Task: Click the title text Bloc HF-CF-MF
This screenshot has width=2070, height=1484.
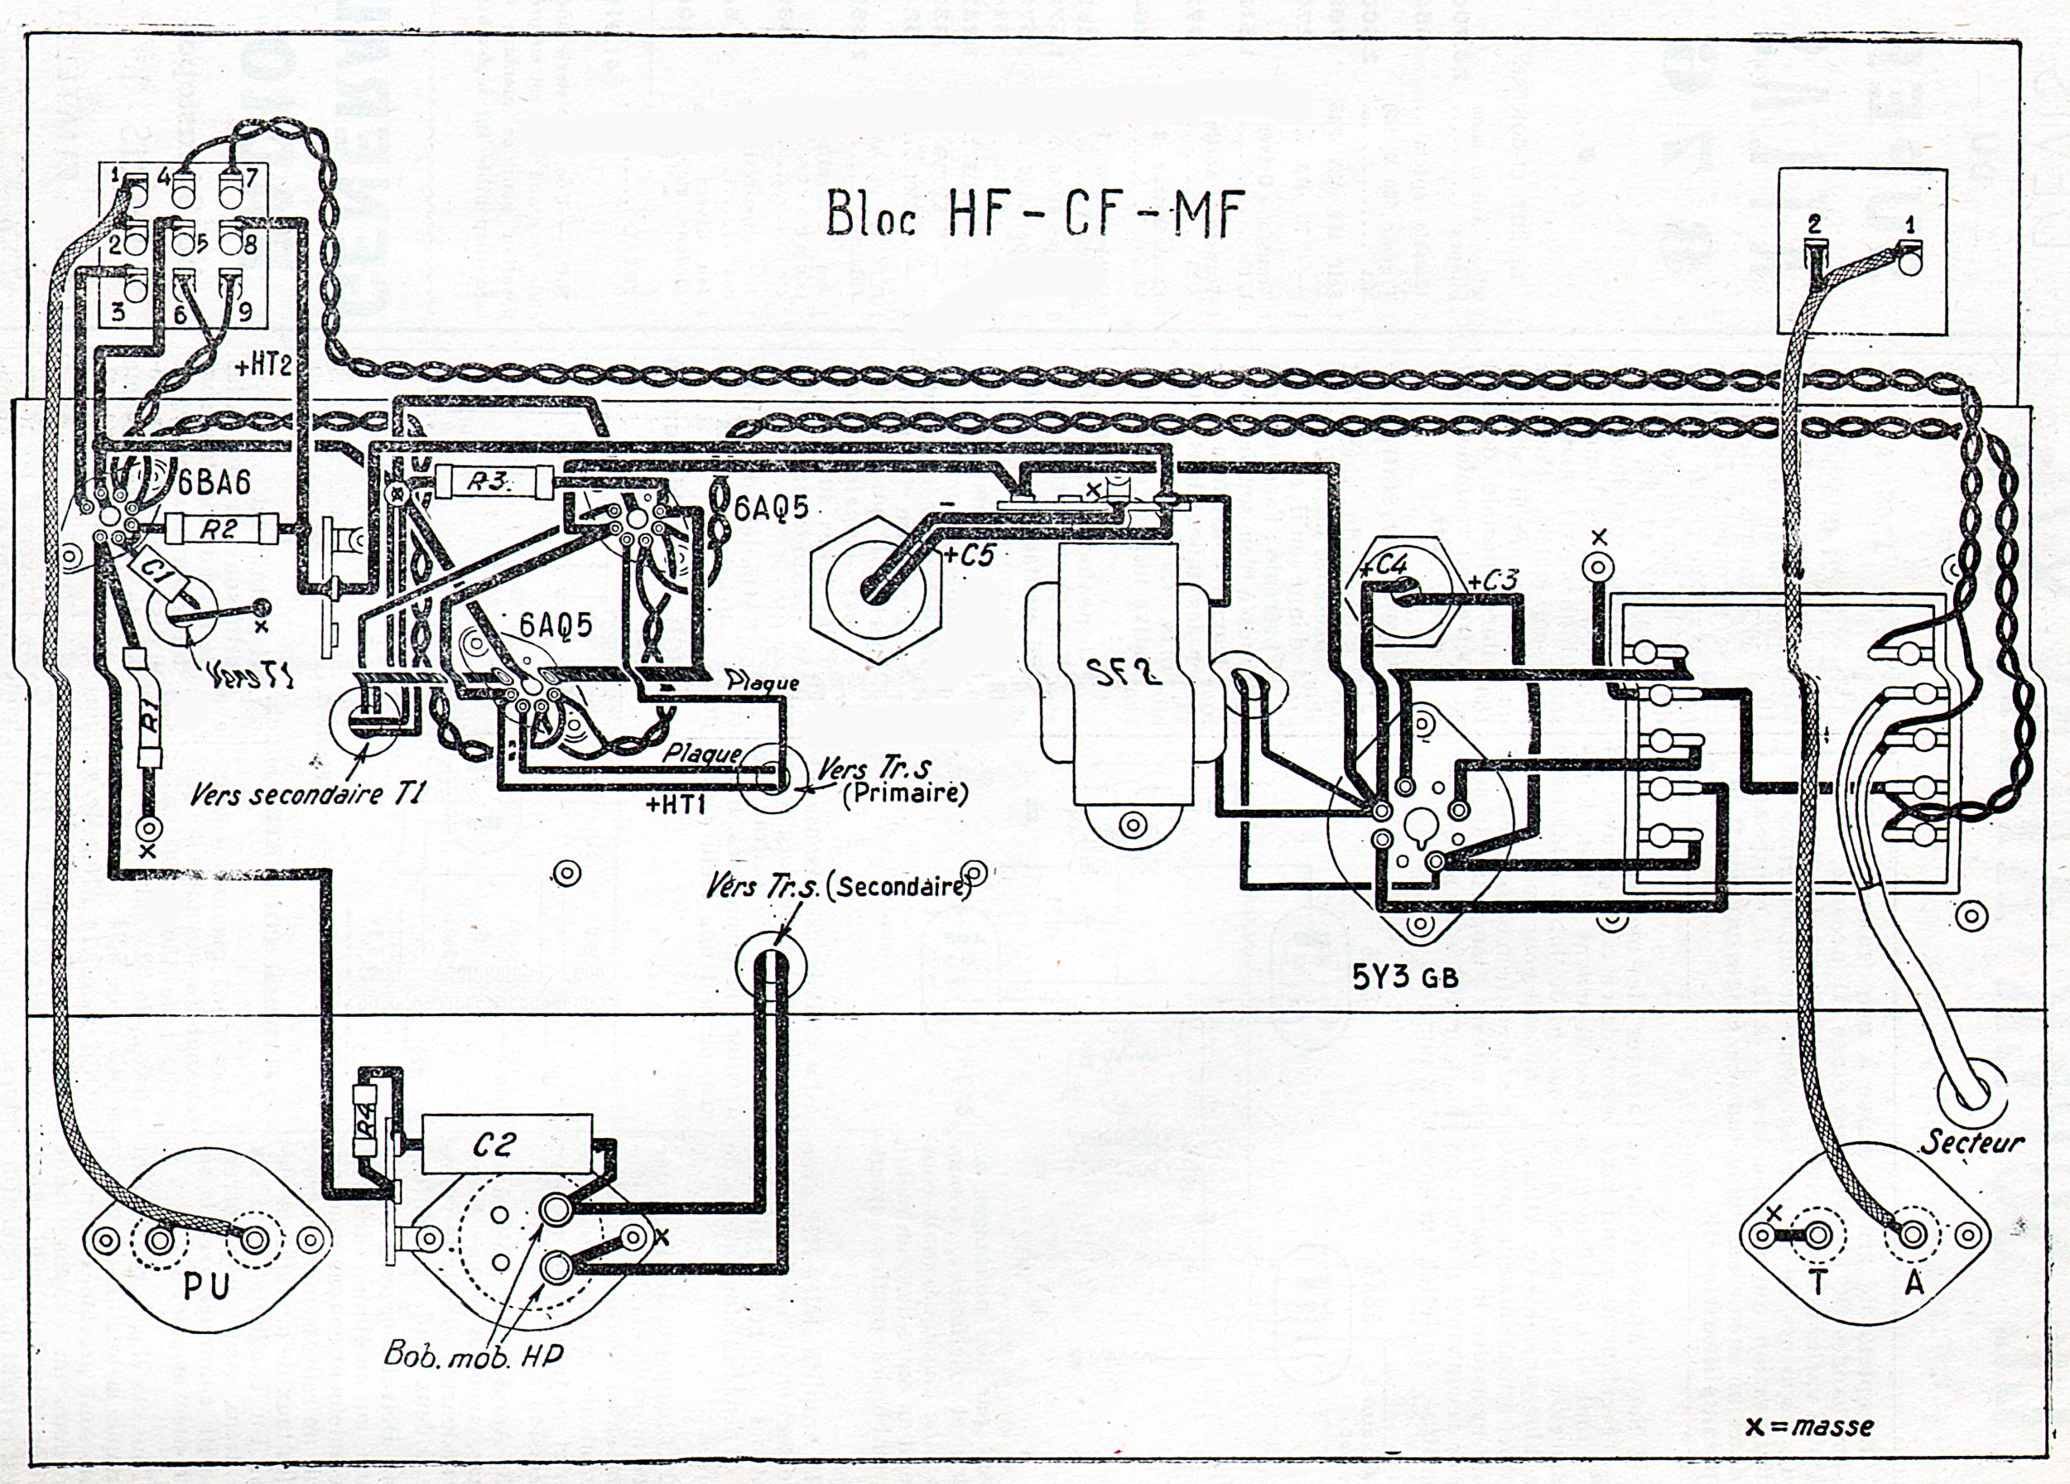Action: [x=1035, y=215]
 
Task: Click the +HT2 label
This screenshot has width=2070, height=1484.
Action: [x=265, y=367]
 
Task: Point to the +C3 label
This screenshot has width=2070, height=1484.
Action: [x=1493, y=580]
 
